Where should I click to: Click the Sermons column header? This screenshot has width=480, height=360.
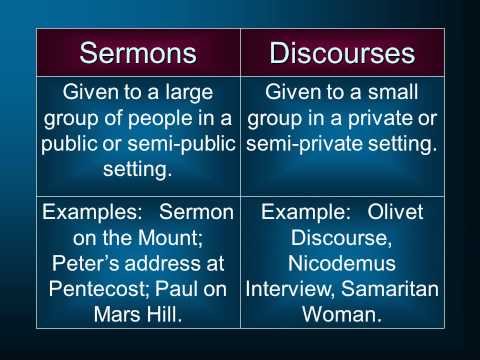click(x=138, y=52)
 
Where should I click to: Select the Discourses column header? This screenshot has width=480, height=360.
click(x=341, y=52)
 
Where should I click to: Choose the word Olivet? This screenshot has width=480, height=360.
click(x=394, y=213)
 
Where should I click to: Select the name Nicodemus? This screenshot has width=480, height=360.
click(x=341, y=262)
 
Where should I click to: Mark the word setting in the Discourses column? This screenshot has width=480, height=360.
click(x=398, y=143)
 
